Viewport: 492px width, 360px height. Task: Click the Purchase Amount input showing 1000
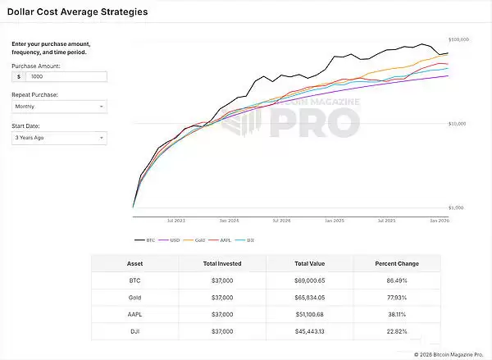click(x=66, y=76)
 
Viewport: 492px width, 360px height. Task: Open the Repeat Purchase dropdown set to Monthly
click(x=59, y=107)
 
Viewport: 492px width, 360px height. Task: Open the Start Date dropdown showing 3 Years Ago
click(x=59, y=138)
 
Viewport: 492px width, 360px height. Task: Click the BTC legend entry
click(x=145, y=240)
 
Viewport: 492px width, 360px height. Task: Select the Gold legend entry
click(x=197, y=240)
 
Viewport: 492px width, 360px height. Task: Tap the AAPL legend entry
click(x=221, y=240)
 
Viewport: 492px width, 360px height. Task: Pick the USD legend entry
click(x=171, y=240)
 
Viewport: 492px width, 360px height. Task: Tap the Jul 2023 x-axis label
click(x=175, y=221)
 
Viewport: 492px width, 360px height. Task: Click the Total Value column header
click(x=308, y=264)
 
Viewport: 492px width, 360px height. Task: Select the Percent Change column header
click(x=396, y=264)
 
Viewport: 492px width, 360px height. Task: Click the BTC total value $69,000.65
click(x=308, y=281)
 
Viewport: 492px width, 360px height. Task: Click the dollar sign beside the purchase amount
click(x=18, y=76)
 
